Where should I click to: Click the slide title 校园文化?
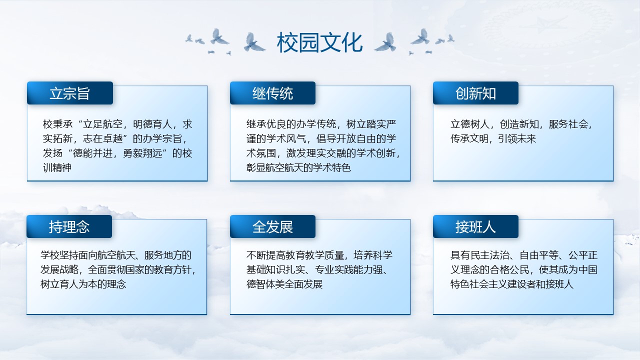[319, 42]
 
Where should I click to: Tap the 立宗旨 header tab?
[70, 93]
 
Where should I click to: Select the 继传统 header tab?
[273, 93]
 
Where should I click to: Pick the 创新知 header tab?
[475, 93]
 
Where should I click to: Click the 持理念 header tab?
[69, 226]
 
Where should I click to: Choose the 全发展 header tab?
[273, 226]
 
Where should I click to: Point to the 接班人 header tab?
[475, 226]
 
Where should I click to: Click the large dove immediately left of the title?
[254, 42]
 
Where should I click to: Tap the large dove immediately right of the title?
[385, 42]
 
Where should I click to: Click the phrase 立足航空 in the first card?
[103, 124]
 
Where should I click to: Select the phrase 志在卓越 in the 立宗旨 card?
[103, 139]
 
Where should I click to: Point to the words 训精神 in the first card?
[57, 167]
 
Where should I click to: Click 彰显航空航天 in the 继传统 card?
[276, 167]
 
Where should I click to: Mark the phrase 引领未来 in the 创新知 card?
[517, 139]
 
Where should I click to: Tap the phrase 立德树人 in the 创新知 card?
[470, 124]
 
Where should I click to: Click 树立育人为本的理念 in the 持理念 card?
[83, 284]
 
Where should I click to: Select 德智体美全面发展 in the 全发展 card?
[284, 284]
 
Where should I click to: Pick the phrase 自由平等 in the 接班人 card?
[539, 255]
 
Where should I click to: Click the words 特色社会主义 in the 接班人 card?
[479, 284]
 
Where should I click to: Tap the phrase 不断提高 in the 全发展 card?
[265, 255]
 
